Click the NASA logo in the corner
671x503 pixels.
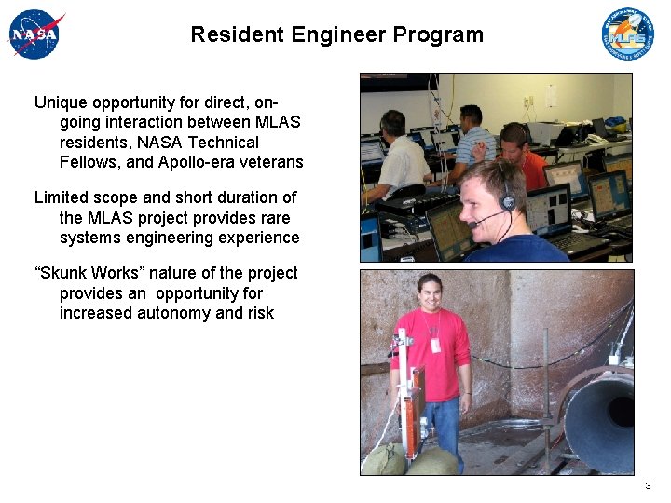[35, 34]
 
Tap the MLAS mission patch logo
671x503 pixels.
[627, 34]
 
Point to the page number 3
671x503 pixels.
[647, 486]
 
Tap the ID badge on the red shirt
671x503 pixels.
[434, 345]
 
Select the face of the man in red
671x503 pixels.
[430, 294]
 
